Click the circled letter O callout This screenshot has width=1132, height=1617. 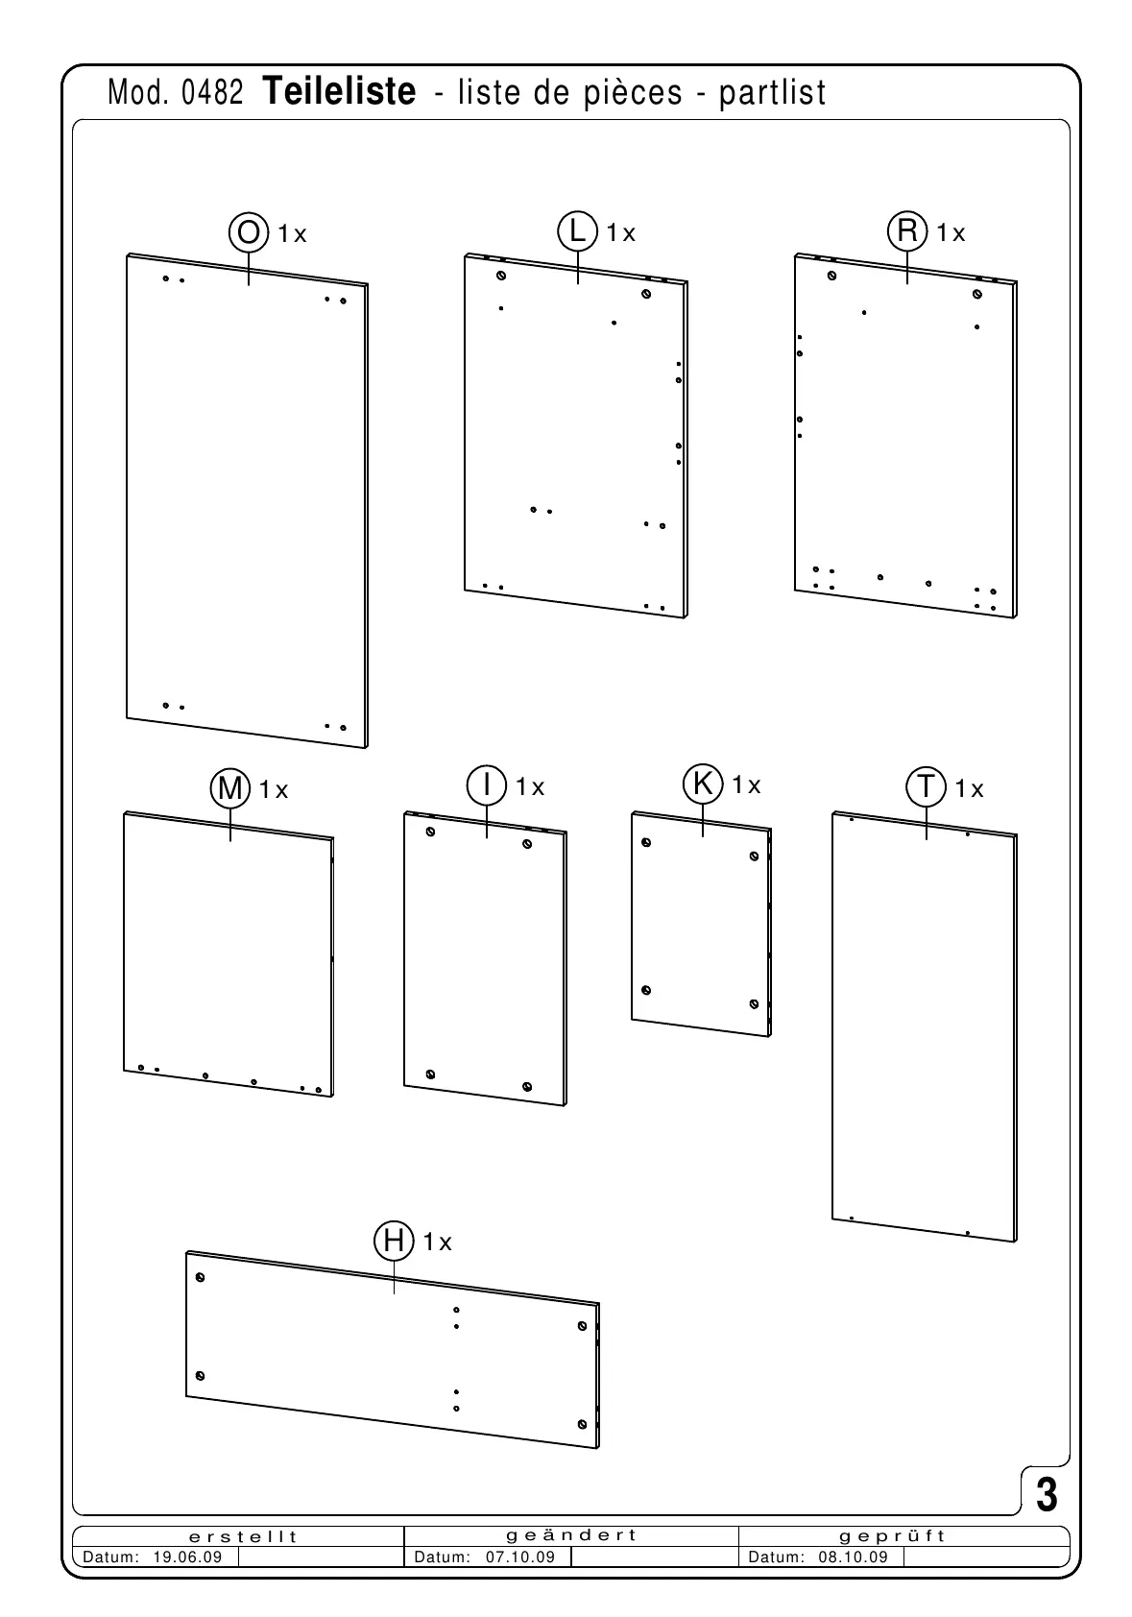pyautogui.click(x=248, y=232)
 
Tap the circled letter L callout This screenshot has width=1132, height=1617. pyautogui.click(x=577, y=232)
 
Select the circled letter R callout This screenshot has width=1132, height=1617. pyautogui.click(x=907, y=232)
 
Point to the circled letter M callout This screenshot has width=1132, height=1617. pyautogui.click(x=230, y=788)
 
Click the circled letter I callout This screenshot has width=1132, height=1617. pyautogui.click(x=487, y=785)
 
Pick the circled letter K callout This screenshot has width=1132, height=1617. pyautogui.click(x=703, y=784)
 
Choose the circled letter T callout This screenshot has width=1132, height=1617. pyautogui.click(x=927, y=787)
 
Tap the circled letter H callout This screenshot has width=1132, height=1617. pyautogui.click(x=394, y=1241)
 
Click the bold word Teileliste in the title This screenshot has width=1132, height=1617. pyautogui.click(x=338, y=92)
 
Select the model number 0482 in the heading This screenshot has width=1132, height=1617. pyautogui.click(x=211, y=93)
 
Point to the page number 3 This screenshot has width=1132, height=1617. pyautogui.click(x=1047, y=1495)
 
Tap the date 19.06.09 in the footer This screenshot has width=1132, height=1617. pyautogui.click(x=188, y=1557)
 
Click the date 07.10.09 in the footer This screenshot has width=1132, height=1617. pyautogui.click(x=520, y=1557)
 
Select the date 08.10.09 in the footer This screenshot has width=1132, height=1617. pyautogui.click(x=854, y=1557)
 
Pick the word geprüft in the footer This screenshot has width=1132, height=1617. pyautogui.click(x=893, y=1536)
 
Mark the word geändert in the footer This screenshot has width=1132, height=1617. pyautogui.click(x=572, y=1535)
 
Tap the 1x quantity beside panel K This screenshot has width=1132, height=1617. pyautogui.click(x=746, y=785)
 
